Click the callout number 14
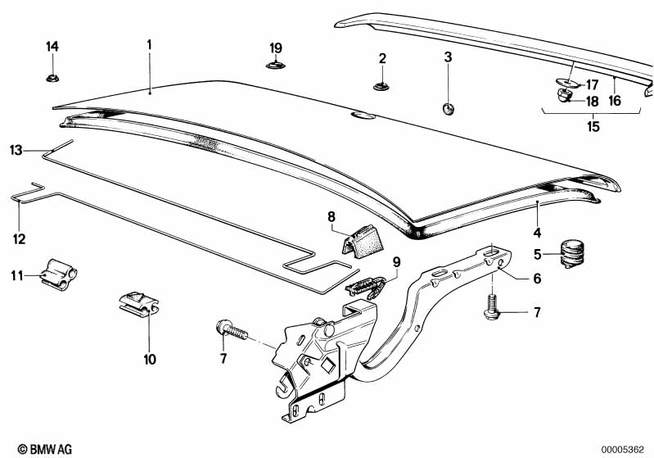[52, 47]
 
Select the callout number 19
[275, 47]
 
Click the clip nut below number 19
[275, 65]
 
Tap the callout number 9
[395, 262]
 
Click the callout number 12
[19, 239]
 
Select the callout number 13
[16, 150]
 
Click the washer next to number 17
[566, 83]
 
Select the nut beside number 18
[563, 97]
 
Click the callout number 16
[614, 101]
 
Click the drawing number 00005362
[624, 448]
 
